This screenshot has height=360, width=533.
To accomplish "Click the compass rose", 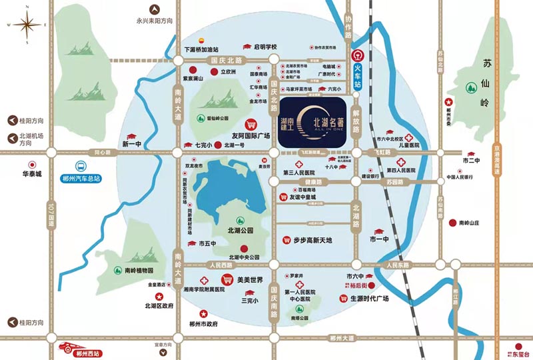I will [x=27, y=26].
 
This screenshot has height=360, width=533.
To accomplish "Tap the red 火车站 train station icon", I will [x=358, y=56].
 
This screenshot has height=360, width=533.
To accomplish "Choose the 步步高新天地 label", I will [x=312, y=240].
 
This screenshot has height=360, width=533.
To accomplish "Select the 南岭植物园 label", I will [x=139, y=271].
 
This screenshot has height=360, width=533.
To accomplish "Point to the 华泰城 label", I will [x=30, y=175].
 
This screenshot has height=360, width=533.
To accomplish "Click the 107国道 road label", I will [x=50, y=218].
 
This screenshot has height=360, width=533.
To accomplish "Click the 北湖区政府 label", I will [x=159, y=306].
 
